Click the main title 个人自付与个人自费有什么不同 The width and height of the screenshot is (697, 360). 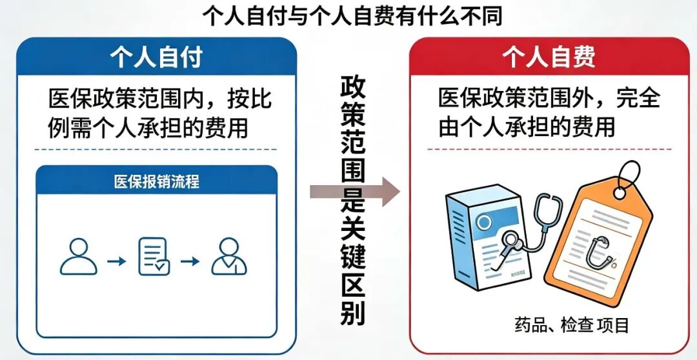352,17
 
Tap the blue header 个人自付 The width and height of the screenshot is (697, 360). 156,57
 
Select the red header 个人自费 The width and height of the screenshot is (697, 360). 549,57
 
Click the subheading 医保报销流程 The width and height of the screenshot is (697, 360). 156,182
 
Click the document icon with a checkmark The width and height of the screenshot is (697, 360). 154,256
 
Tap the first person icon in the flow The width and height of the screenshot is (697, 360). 79,256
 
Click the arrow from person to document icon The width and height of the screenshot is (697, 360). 117,261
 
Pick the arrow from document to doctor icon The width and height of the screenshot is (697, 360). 190,261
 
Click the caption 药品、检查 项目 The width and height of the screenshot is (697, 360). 572,326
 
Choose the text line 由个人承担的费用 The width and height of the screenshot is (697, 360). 527,127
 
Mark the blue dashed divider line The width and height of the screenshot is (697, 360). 156,150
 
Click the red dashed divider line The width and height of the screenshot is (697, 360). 550,149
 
